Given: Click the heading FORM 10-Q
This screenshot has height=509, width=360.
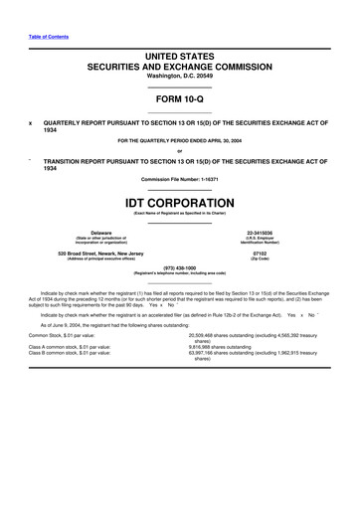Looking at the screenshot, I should (179, 100).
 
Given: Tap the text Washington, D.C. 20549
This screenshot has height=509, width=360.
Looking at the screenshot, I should (179, 77).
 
